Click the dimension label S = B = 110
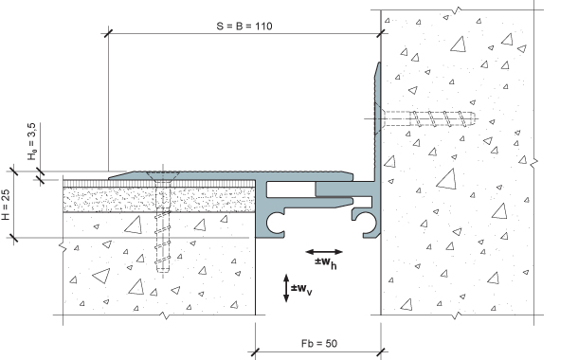(244, 27)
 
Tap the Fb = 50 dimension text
(319, 343)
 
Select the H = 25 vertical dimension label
(6, 205)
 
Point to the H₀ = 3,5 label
(32, 141)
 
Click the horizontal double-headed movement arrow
(324, 252)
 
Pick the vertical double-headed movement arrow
(286, 288)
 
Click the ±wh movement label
(326, 262)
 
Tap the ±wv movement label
(301, 289)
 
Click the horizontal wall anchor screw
(427, 119)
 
